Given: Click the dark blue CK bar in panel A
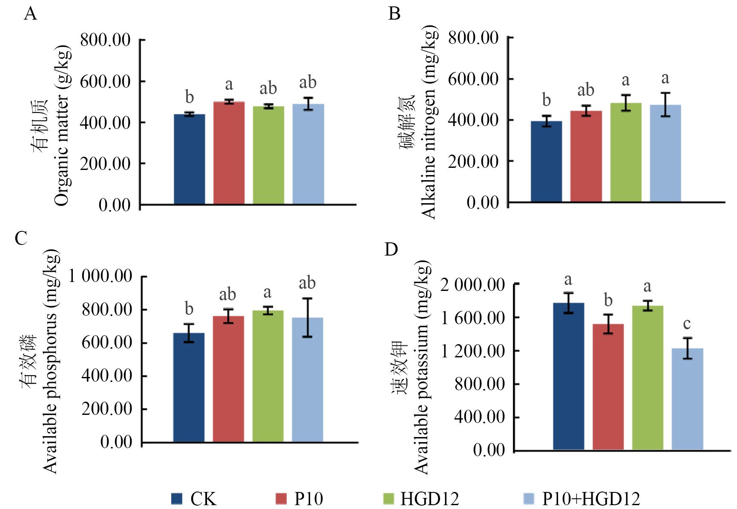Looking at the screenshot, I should coord(190,159).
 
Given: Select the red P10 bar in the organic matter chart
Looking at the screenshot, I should coord(229,153).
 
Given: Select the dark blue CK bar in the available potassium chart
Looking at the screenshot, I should coord(569,377).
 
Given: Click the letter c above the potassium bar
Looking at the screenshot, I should coord(687,324).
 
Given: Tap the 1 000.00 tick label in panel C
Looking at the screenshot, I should coord(101,276).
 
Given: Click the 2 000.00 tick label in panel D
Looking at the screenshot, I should coord(472,285).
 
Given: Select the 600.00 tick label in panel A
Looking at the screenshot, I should coord(105,81).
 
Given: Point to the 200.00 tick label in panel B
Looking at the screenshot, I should coord(473,161).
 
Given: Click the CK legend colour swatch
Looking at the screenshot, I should coord(177,498).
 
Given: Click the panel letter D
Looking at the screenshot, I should coord(391,250).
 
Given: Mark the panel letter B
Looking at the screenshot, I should coord(394,14).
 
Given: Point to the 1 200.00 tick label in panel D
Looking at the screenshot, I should coord(472,351).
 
